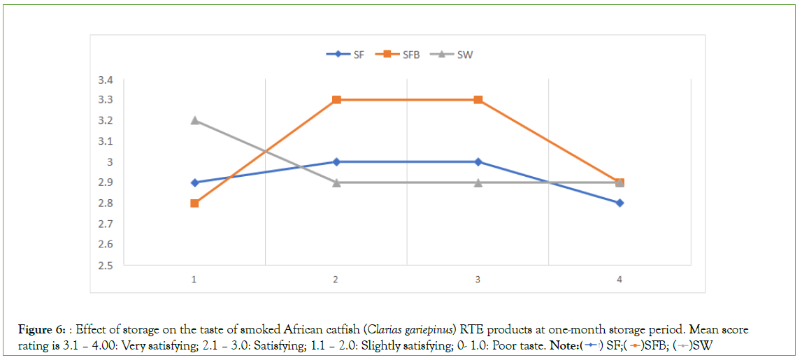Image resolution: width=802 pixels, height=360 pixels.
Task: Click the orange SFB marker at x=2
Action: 336,100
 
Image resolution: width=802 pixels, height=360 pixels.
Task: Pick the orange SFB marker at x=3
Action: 478,100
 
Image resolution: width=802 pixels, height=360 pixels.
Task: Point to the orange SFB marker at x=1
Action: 194,203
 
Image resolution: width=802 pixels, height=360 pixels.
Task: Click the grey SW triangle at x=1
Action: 194,120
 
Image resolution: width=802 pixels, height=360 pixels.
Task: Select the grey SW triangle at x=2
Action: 336,182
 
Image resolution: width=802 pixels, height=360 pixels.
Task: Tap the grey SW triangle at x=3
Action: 478,182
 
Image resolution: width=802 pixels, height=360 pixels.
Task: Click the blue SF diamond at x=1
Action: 194,182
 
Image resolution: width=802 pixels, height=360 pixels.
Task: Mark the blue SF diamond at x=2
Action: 336,161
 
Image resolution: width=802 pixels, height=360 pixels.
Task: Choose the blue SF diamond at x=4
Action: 620,203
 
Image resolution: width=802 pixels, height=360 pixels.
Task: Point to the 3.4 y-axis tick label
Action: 106,80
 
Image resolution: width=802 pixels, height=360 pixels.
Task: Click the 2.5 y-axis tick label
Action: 106,266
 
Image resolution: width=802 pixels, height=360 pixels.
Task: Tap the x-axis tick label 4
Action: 620,280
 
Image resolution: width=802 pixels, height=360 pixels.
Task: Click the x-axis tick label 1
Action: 194,280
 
